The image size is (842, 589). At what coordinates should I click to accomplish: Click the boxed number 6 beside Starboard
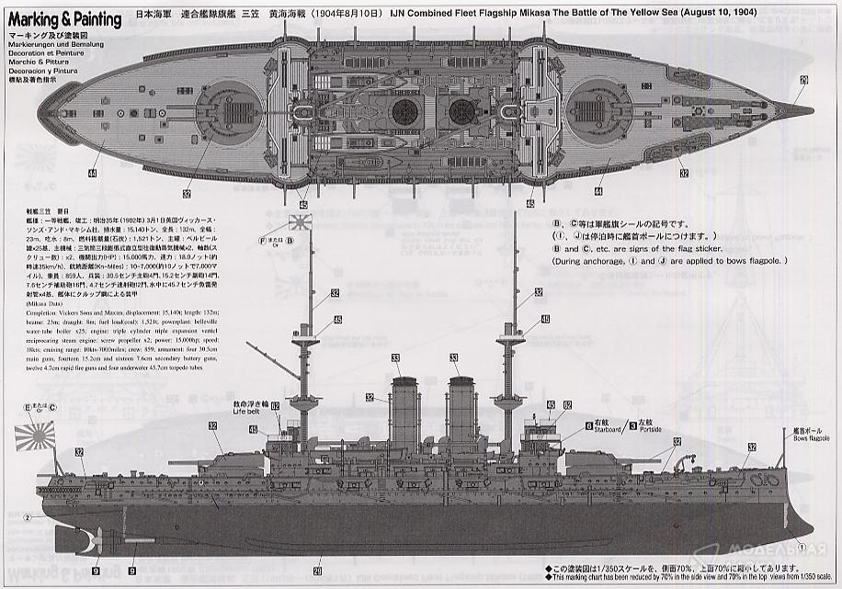(x=587, y=425)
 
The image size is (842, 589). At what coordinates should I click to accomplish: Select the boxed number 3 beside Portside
(x=631, y=425)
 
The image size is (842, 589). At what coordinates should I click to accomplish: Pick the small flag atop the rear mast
(x=301, y=223)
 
